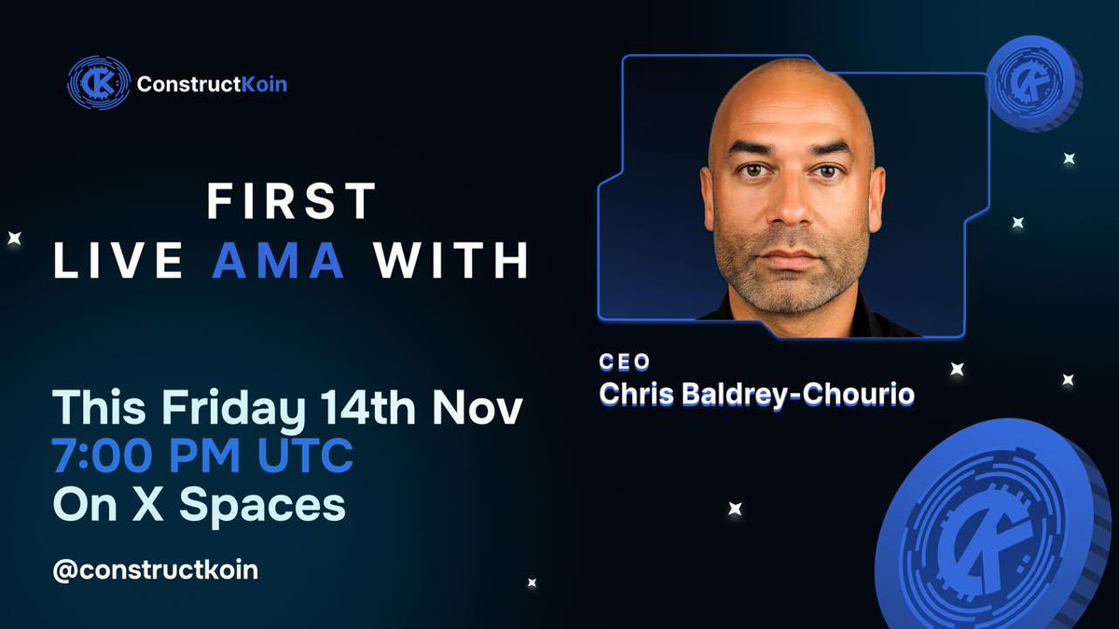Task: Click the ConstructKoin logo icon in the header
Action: click(x=98, y=83)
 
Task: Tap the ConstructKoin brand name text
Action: click(x=212, y=84)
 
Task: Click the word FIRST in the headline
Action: click(x=291, y=201)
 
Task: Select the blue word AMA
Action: click(x=279, y=260)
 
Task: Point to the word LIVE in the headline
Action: click(x=117, y=260)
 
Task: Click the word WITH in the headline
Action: click(x=451, y=260)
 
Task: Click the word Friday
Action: click(x=233, y=410)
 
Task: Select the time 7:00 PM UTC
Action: click(x=203, y=457)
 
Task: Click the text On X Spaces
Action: click(x=200, y=504)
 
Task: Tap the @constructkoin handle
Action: click(x=155, y=569)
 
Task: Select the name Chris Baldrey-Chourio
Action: click(x=756, y=393)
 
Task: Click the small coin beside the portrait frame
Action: click(x=1032, y=81)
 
